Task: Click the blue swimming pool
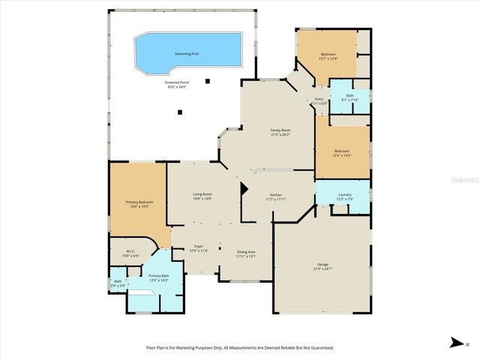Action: [187, 52]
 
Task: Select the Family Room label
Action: [280, 130]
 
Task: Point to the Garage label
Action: [322, 265]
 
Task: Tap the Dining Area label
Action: [247, 252]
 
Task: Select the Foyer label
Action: [199, 246]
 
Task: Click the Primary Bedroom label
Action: [139, 202]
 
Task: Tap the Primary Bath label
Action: [158, 276]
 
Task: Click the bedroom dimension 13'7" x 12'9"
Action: [328, 58]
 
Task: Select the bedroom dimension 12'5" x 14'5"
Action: [342, 156]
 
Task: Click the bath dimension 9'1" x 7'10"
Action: [349, 100]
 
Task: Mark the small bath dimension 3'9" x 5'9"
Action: [118, 286]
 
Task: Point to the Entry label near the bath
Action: [319, 99]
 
